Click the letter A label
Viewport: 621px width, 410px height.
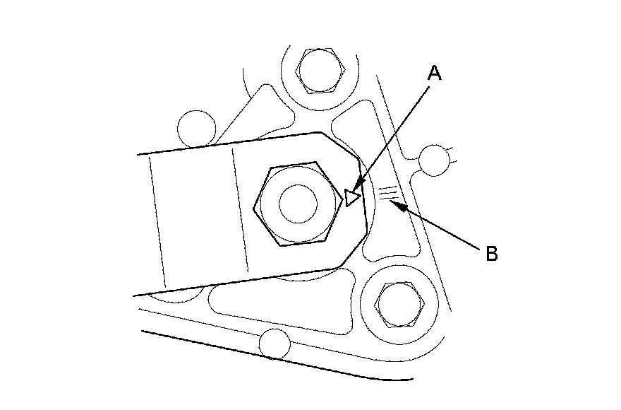[x=435, y=73]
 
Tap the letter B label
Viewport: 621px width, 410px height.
[x=492, y=253]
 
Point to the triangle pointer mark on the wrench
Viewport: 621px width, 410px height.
[x=353, y=197]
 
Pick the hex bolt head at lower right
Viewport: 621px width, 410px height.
[x=399, y=303]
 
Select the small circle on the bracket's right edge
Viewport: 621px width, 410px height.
[x=433, y=160]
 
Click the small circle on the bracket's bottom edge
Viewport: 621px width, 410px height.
[x=275, y=345]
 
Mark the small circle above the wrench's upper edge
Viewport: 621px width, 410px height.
[x=195, y=127]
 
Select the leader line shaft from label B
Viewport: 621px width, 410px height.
[x=445, y=227]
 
